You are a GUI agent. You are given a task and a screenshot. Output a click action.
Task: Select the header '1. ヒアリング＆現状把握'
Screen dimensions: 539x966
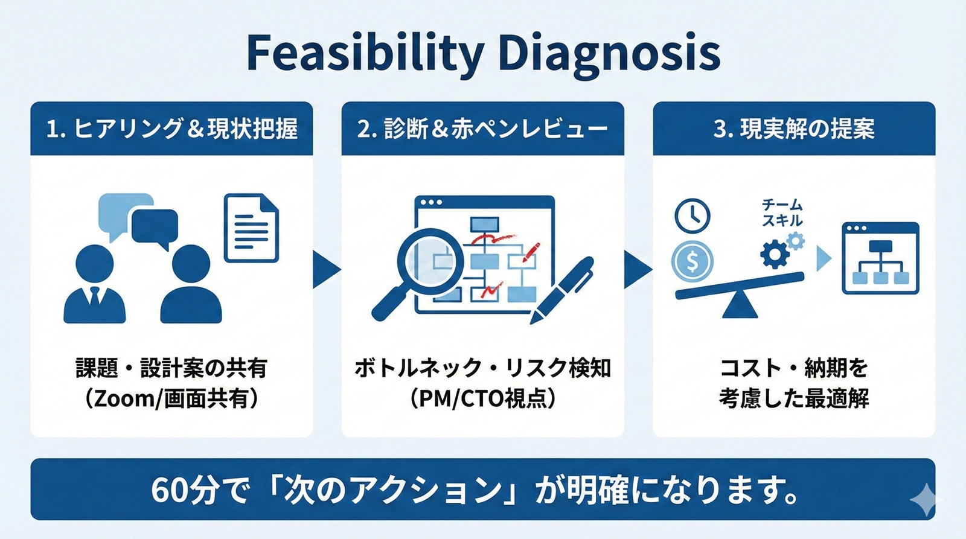171,129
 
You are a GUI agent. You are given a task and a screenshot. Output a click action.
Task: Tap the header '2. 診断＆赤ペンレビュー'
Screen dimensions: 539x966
482,129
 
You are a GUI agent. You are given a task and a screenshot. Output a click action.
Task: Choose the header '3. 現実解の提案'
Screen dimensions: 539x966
794,129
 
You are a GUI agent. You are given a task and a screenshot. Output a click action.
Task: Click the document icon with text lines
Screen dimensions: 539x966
251,228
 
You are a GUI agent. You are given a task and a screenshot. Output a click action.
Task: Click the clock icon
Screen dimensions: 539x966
692,215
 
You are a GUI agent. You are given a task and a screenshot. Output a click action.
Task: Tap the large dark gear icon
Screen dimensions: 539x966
775,254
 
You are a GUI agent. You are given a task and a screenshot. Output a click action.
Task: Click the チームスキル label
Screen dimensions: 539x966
782,212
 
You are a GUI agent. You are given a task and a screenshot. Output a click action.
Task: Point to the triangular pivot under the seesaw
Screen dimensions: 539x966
740,305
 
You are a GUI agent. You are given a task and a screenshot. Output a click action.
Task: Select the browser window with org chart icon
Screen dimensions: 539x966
880,258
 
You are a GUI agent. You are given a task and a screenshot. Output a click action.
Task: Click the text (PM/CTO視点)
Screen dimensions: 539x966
482,399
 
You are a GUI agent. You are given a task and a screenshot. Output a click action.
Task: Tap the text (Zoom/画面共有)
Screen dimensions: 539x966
171,399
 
